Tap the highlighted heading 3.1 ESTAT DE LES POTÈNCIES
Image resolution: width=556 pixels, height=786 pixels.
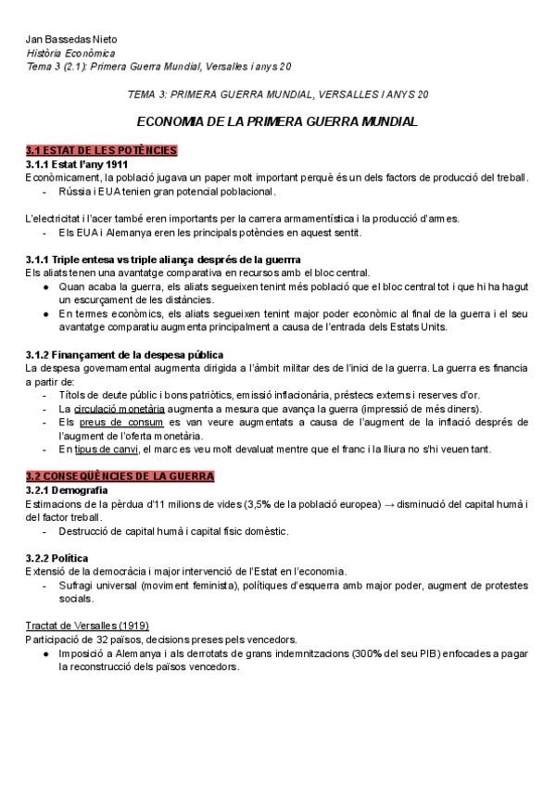pos(101,150)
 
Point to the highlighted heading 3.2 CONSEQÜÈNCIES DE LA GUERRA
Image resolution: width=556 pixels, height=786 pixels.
pos(120,475)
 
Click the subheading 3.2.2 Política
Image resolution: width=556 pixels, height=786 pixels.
pos(57,558)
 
